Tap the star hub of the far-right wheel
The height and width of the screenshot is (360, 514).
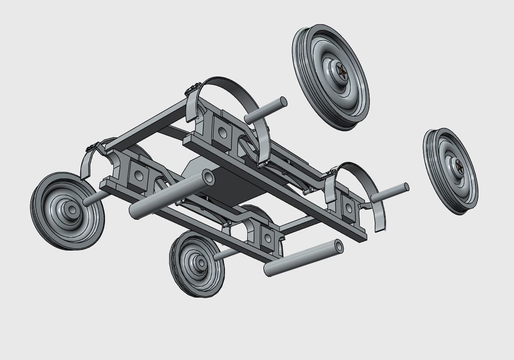pos(459,167)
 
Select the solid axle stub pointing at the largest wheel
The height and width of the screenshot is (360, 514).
pos(266,110)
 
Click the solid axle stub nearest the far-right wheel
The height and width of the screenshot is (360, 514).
pos(390,193)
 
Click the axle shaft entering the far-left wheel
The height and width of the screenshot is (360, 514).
pos(93,200)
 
